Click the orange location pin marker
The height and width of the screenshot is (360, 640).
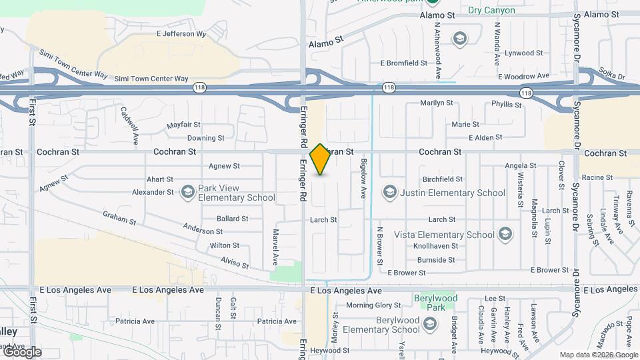pos(321,159)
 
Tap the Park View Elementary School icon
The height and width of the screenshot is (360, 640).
pos(188,192)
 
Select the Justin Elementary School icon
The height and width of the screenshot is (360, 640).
pos(389,193)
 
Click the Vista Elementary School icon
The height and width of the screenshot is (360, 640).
pos(505,234)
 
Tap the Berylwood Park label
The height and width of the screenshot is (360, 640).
pos(429,303)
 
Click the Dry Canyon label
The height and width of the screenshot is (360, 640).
pos(491,11)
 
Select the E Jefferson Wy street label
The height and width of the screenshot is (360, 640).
pos(181,33)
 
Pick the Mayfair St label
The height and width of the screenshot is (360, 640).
pos(184,125)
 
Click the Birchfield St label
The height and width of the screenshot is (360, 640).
pos(443,179)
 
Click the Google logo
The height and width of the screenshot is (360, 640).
pos(22,351)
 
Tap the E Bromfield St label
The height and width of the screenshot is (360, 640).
pos(404,63)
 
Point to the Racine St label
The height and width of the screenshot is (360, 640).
pos(597,177)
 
